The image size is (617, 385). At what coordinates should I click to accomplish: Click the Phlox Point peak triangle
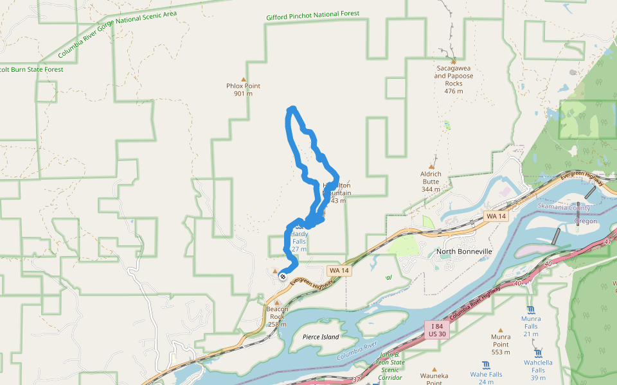[x=243, y=79]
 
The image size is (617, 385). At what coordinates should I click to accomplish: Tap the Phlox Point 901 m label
[x=243, y=90]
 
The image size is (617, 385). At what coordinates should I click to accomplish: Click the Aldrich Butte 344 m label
[x=431, y=182]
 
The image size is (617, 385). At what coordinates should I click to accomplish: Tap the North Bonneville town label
[x=464, y=252]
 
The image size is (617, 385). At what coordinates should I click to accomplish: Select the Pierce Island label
[x=321, y=337]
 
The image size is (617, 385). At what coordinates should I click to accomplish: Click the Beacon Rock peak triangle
[x=277, y=302]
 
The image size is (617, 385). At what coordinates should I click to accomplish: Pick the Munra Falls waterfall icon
[x=531, y=310]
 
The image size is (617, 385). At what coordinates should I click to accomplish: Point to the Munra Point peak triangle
[x=501, y=330]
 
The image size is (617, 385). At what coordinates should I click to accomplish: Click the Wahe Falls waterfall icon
[x=486, y=366]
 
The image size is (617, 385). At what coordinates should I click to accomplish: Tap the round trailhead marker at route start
[x=282, y=277]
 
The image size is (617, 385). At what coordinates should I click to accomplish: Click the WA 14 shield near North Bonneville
[x=495, y=217]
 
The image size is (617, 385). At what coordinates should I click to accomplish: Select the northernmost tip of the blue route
[x=292, y=108]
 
